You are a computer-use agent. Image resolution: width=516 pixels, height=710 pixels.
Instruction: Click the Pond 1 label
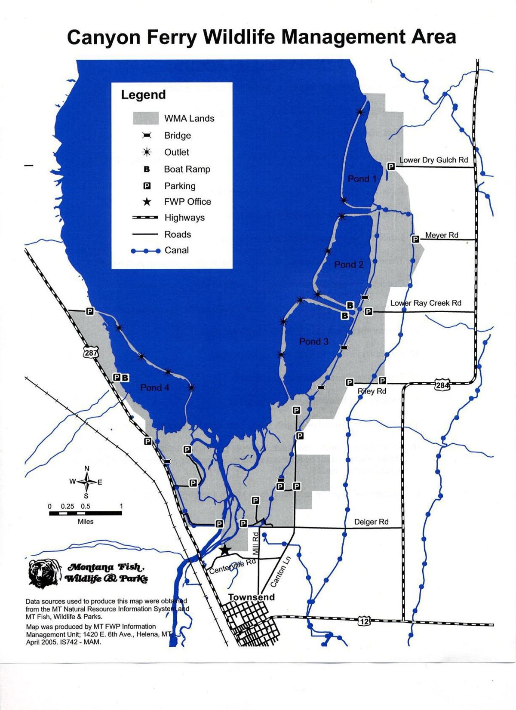pos(362,178)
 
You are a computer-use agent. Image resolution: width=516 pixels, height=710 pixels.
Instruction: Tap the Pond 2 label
pos(349,264)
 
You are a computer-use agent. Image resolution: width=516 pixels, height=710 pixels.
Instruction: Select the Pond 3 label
pos(313,341)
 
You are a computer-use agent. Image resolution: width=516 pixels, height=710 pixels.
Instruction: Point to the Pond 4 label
pos(155,387)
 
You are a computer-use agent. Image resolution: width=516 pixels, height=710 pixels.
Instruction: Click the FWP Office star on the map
pos(224,550)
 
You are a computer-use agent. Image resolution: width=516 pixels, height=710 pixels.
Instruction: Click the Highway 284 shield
pos(442,384)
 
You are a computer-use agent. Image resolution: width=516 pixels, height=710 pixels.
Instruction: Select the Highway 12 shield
pos(363,620)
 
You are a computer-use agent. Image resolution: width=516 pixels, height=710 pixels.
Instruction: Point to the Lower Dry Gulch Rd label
pos(433,160)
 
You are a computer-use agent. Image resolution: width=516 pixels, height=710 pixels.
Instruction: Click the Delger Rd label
pos(371,522)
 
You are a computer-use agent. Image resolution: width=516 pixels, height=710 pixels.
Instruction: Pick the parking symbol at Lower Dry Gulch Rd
pos(391,166)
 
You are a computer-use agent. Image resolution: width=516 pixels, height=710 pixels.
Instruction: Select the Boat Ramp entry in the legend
pos(187,169)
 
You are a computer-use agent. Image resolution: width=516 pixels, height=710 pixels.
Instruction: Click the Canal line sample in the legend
pos(146,250)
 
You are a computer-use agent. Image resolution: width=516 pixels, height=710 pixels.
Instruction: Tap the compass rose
pos(87,482)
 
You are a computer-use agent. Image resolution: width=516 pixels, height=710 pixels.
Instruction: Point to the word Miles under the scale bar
pos(85,522)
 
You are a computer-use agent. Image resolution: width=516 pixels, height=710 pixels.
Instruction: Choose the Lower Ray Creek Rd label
pos(426,303)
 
